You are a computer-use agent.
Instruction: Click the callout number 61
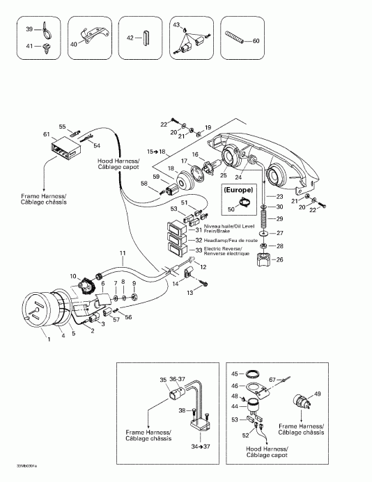point(46,134)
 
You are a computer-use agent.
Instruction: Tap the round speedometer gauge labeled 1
point(39,312)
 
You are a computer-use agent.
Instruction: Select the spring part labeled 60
point(235,40)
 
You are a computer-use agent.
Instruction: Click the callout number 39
point(29,29)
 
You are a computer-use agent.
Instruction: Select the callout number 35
point(163,380)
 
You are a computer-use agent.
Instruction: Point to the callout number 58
point(144,184)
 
